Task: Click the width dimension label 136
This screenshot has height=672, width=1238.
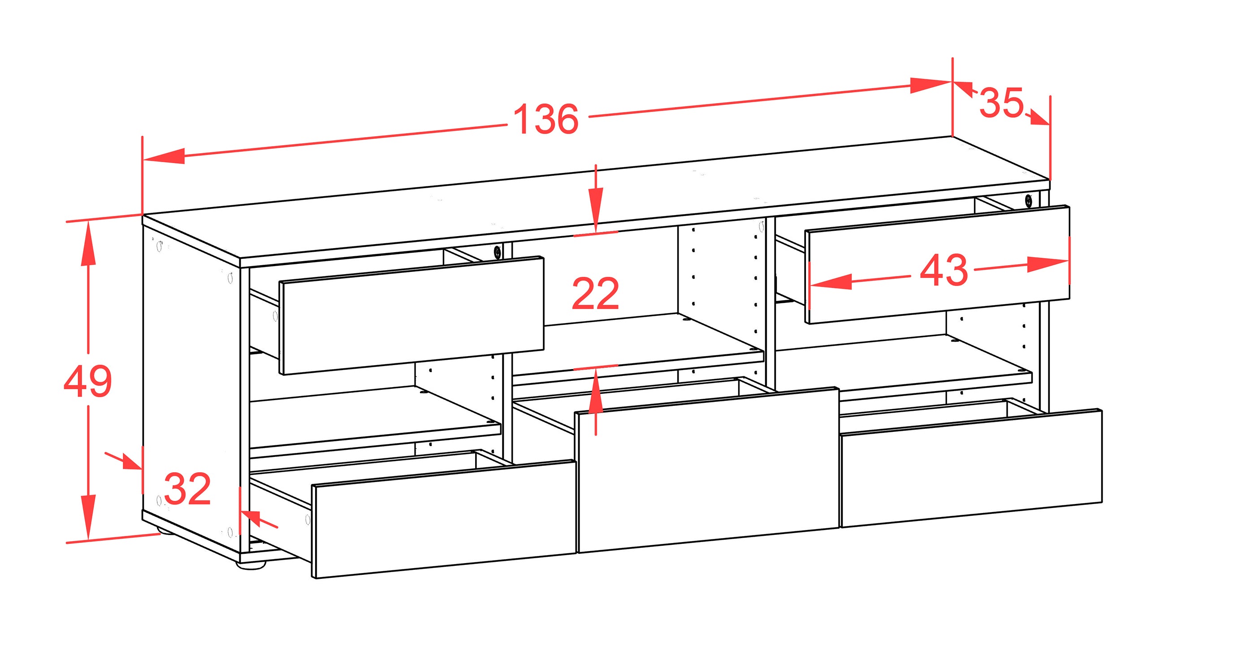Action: click(x=546, y=119)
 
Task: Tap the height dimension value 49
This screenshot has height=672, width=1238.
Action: click(x=87, y=381)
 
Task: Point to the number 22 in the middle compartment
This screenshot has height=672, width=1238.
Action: click(x=595, y=293)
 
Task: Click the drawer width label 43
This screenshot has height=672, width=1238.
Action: click(x=944, y=270)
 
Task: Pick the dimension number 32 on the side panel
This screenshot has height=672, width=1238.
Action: click(x=187, y=488)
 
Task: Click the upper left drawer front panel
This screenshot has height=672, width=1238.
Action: click(x=411, y=315)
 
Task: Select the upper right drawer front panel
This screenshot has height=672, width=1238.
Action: click(x=938, y=265)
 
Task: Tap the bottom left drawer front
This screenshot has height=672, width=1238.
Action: click(x=444, y=519)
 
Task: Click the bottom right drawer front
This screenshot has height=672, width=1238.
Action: click(x=971, y=468)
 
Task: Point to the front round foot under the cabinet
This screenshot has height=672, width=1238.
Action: click(x=251, y=566)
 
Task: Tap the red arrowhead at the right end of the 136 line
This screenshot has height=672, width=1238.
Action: click(x=931, y=85)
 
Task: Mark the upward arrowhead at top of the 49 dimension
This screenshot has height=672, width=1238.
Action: click(x=88, y=245)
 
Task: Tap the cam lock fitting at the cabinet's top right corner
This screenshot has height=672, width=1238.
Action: click(x=1028, y=200)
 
